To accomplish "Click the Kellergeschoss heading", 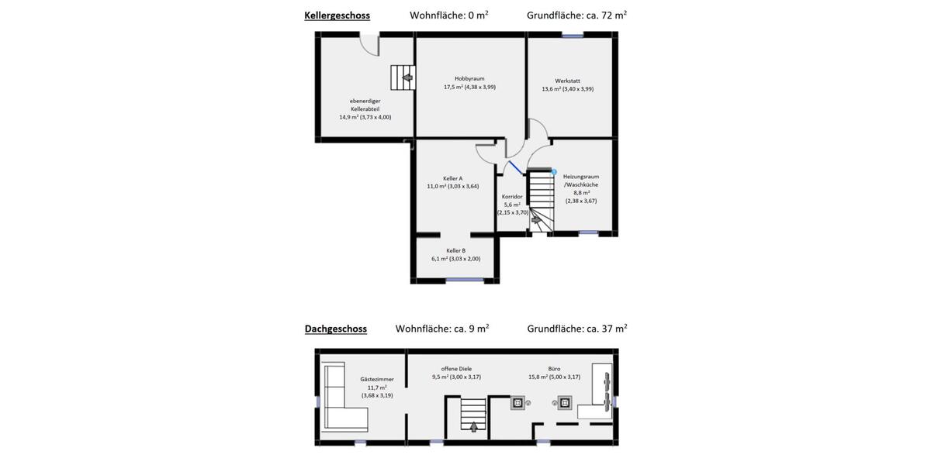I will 337,15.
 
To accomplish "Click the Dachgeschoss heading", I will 335,329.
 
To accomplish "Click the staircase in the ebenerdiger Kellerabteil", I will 403,77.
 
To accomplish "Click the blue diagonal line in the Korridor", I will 514,168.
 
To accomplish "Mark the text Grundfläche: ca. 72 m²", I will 576,15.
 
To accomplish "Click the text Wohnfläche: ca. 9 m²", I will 442,329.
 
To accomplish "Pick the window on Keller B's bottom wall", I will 464,281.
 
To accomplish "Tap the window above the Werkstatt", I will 573,35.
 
